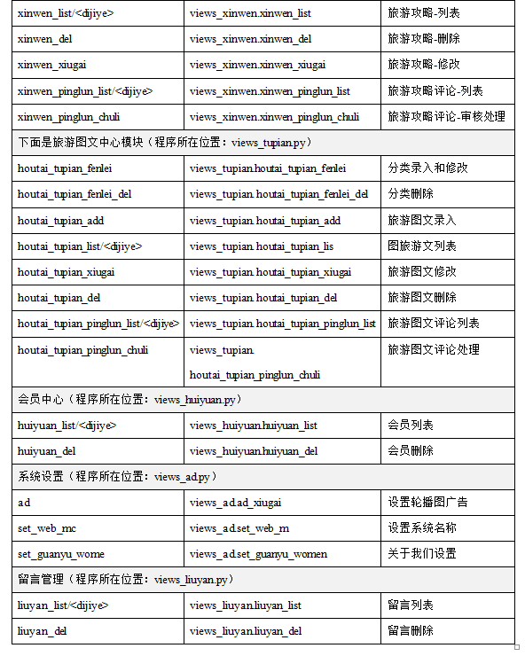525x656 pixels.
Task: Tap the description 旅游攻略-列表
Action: point(424,13)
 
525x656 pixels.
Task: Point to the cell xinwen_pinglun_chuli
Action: point(68,116)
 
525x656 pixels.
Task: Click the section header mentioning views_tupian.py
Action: point(164,142)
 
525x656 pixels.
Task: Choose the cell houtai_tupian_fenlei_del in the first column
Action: point(74,194)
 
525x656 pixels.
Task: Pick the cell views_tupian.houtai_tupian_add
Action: point(264,221)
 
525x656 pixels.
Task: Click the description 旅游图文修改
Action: point(421,272)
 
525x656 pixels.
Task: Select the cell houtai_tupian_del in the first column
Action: point(59,298)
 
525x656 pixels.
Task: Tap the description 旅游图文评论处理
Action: point(433,349)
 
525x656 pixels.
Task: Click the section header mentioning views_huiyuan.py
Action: point(129,400)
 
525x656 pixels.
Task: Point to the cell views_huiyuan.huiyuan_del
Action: point(254,451)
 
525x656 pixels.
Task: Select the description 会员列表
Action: point(410,426)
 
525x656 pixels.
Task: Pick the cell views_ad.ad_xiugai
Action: point(235,503)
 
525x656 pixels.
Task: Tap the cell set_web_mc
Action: point(47,528)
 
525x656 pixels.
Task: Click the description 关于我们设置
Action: point(421,554)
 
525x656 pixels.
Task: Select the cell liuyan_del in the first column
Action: point(44,631)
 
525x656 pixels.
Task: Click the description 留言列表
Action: point(410,605)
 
